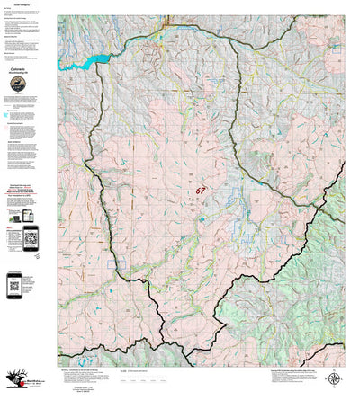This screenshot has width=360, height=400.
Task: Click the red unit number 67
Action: [200, 191]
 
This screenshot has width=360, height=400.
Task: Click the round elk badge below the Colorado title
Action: [19, 83]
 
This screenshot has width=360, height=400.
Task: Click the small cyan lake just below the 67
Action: [202, 218]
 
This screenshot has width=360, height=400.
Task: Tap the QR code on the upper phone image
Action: [33, 238]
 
